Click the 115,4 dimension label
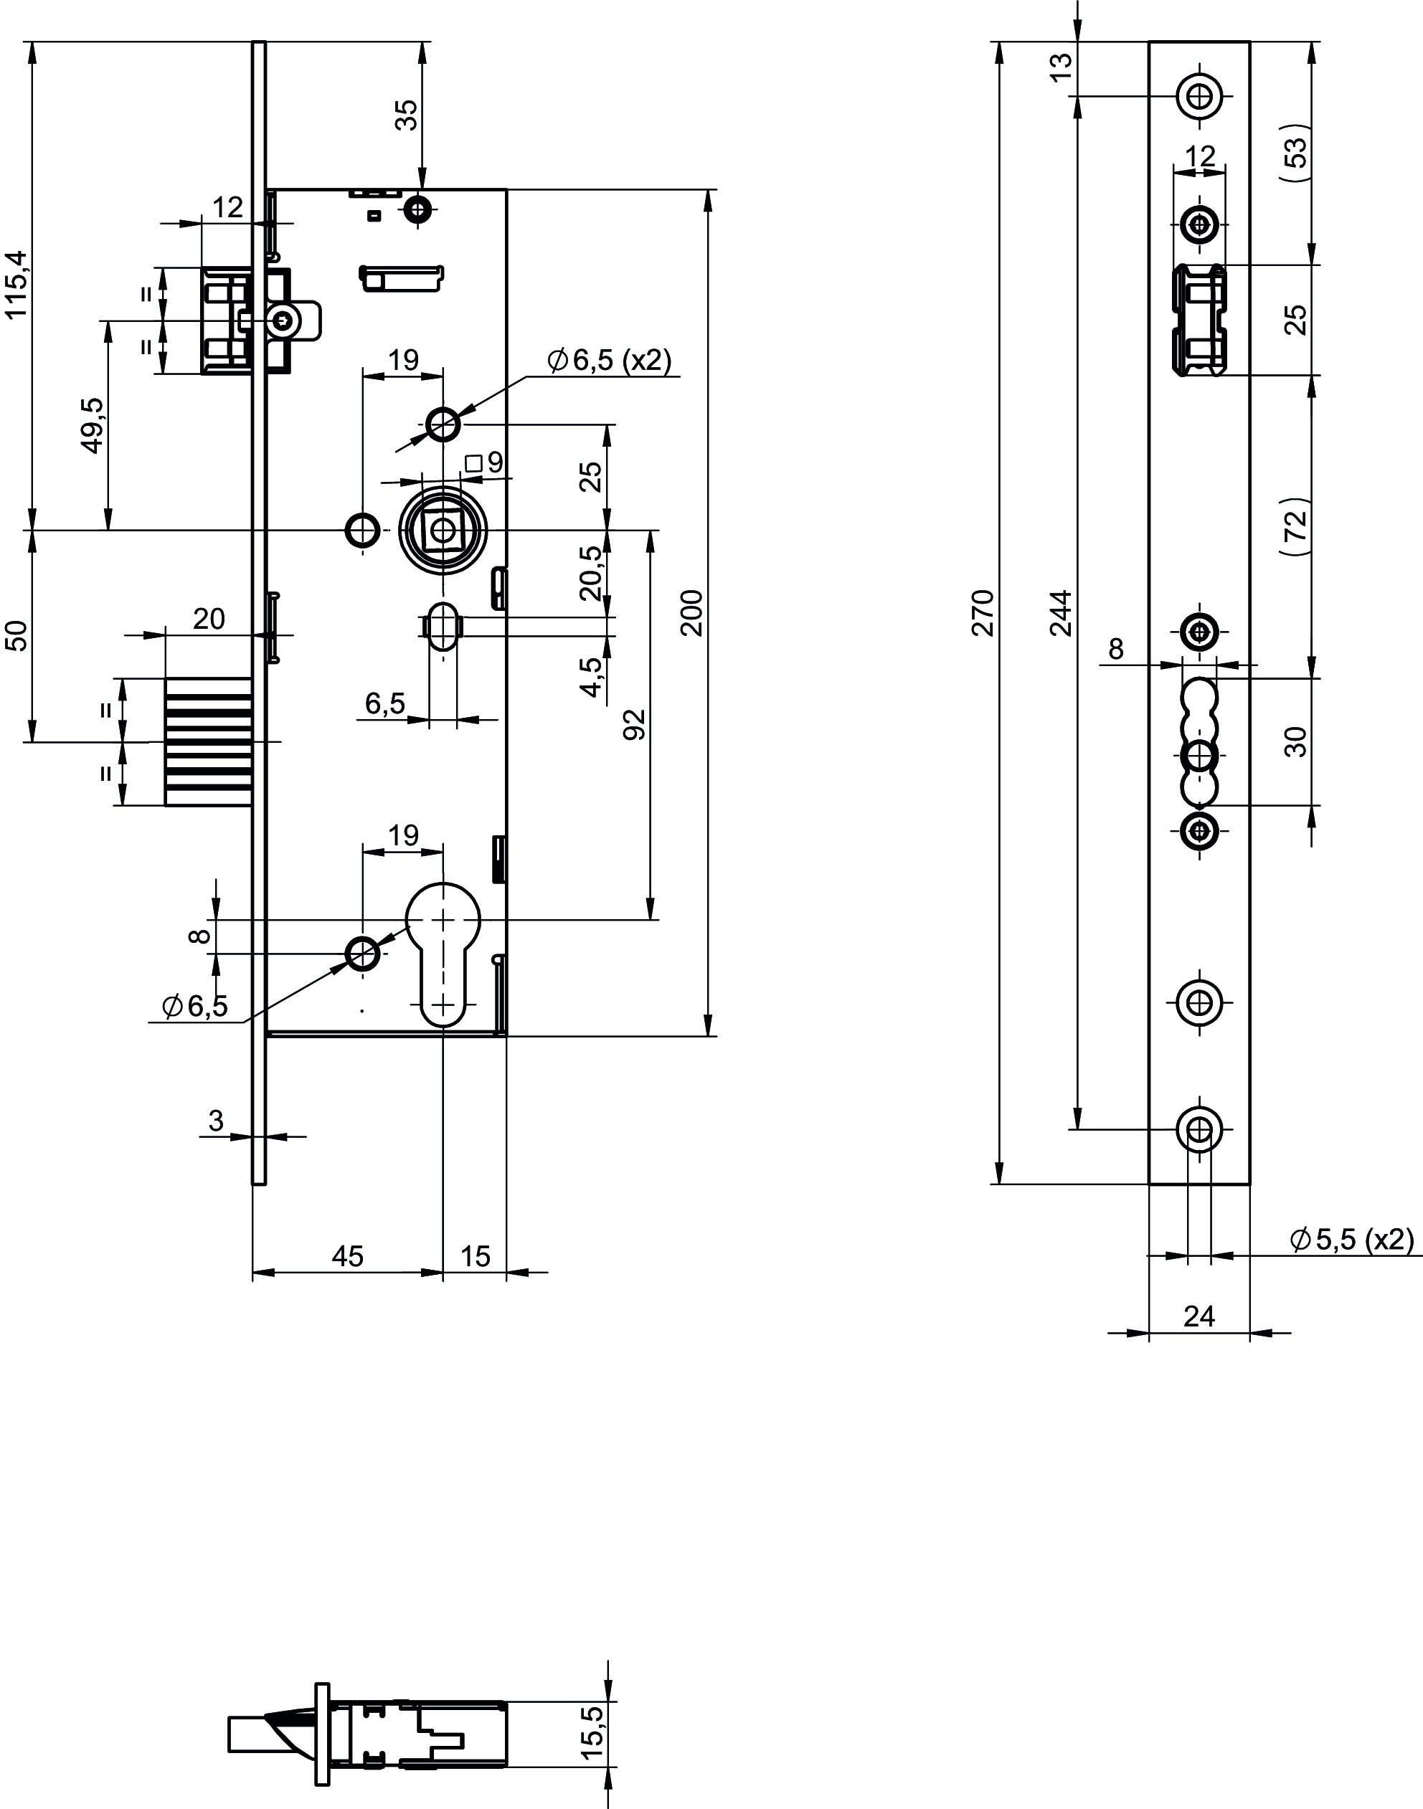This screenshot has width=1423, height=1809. [x=17, y=285]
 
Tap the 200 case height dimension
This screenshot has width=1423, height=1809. [x=691, y=613]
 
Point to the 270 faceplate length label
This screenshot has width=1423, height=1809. [x=983, y=613]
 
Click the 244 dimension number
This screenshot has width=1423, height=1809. [x=1060, y=613]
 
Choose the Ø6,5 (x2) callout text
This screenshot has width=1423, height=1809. [x=608, y=361]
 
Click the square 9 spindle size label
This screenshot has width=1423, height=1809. [x=486, y=462]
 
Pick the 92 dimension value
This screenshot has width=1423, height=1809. [x=635, y=725]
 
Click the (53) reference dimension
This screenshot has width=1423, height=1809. [x=1296, y=153]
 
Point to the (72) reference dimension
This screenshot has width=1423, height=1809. [x=1296, y=526]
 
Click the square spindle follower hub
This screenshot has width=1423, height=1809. [x=443, y=530]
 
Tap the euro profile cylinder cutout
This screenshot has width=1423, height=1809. [x=443, y=954]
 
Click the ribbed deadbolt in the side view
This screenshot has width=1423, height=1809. [x=208, y=741]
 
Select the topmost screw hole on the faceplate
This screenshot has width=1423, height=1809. [x=1200, y=97]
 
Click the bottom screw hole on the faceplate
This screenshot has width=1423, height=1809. [x=1200, y=1129]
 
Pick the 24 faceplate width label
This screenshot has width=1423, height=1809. [x=1199, y=1316]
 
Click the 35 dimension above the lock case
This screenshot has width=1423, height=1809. [x=406, y=114]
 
